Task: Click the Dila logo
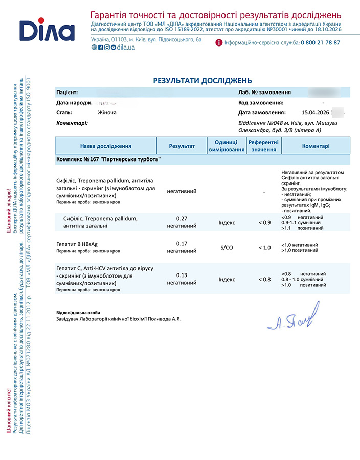pos(47,30)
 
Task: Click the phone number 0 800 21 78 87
pos(320,43)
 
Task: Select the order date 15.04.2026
pos(316,112)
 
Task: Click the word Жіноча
pos(107,112)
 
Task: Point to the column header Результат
pos(182,146)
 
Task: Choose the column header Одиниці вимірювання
pos(227,146)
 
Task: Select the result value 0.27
pos(182,218)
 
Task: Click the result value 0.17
pos(182,243)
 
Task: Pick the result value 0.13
pos(182,275)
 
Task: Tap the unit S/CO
pos(227,248)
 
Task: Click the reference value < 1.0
pos(264,248)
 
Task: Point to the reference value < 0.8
pos(264,280)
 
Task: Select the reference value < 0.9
pos(264,222)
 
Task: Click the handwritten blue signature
pos(293,316)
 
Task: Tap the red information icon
pos(219,43)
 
